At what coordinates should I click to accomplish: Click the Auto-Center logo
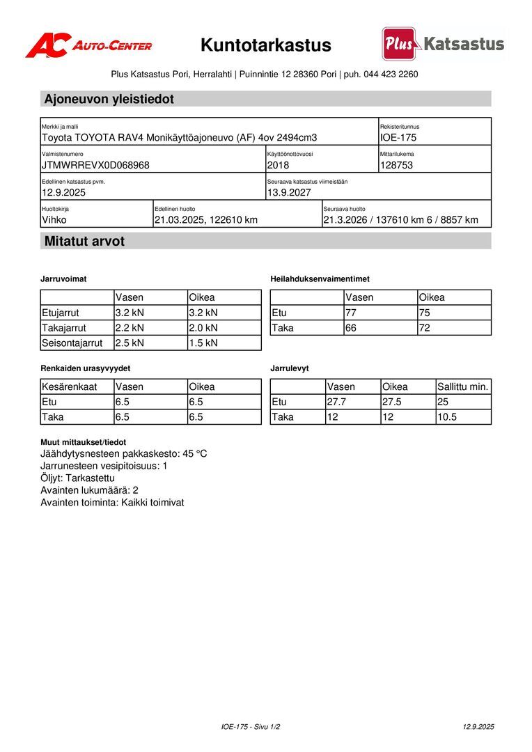coord(88,45)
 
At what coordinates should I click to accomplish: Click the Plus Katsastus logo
coord(443,44)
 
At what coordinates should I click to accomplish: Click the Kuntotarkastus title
coord(266,46)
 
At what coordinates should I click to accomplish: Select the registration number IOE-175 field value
coord(398,138)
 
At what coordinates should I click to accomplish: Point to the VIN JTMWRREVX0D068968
coord(95,165)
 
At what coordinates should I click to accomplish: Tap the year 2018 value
coord(278,165)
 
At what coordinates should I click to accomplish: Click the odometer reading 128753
coord(397,165)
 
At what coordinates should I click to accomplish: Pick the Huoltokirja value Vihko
coord(54,220)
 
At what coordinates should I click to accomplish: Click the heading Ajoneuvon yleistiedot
coord(109,99)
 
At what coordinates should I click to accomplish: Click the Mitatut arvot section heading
coord(84,242)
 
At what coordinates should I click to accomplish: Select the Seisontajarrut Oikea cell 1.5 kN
coord(203,343)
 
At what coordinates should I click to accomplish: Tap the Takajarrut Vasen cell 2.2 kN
coord(130,327)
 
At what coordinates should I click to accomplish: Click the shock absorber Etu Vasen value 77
coord(351,313)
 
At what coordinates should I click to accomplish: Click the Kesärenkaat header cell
coord(69,386)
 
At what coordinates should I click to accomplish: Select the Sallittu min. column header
coord(463,386)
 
